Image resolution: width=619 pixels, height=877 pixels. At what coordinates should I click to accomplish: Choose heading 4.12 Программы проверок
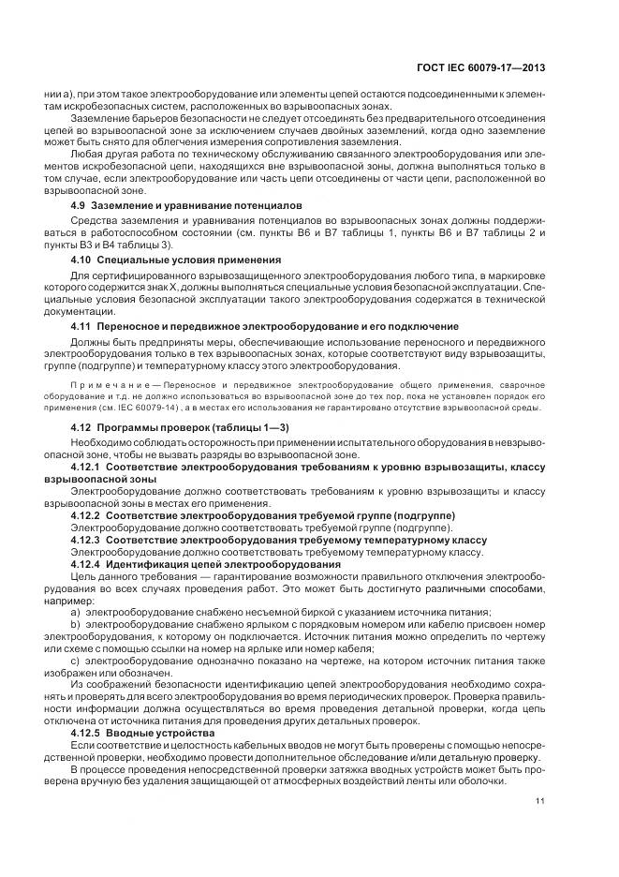pos(170,427)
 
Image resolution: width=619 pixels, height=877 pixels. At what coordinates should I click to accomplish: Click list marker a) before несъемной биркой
pos(76,611)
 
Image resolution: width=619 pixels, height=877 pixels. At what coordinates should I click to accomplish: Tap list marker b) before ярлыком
pos(76,622)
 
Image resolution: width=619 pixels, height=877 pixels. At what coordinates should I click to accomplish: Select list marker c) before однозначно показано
pos(76,660)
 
